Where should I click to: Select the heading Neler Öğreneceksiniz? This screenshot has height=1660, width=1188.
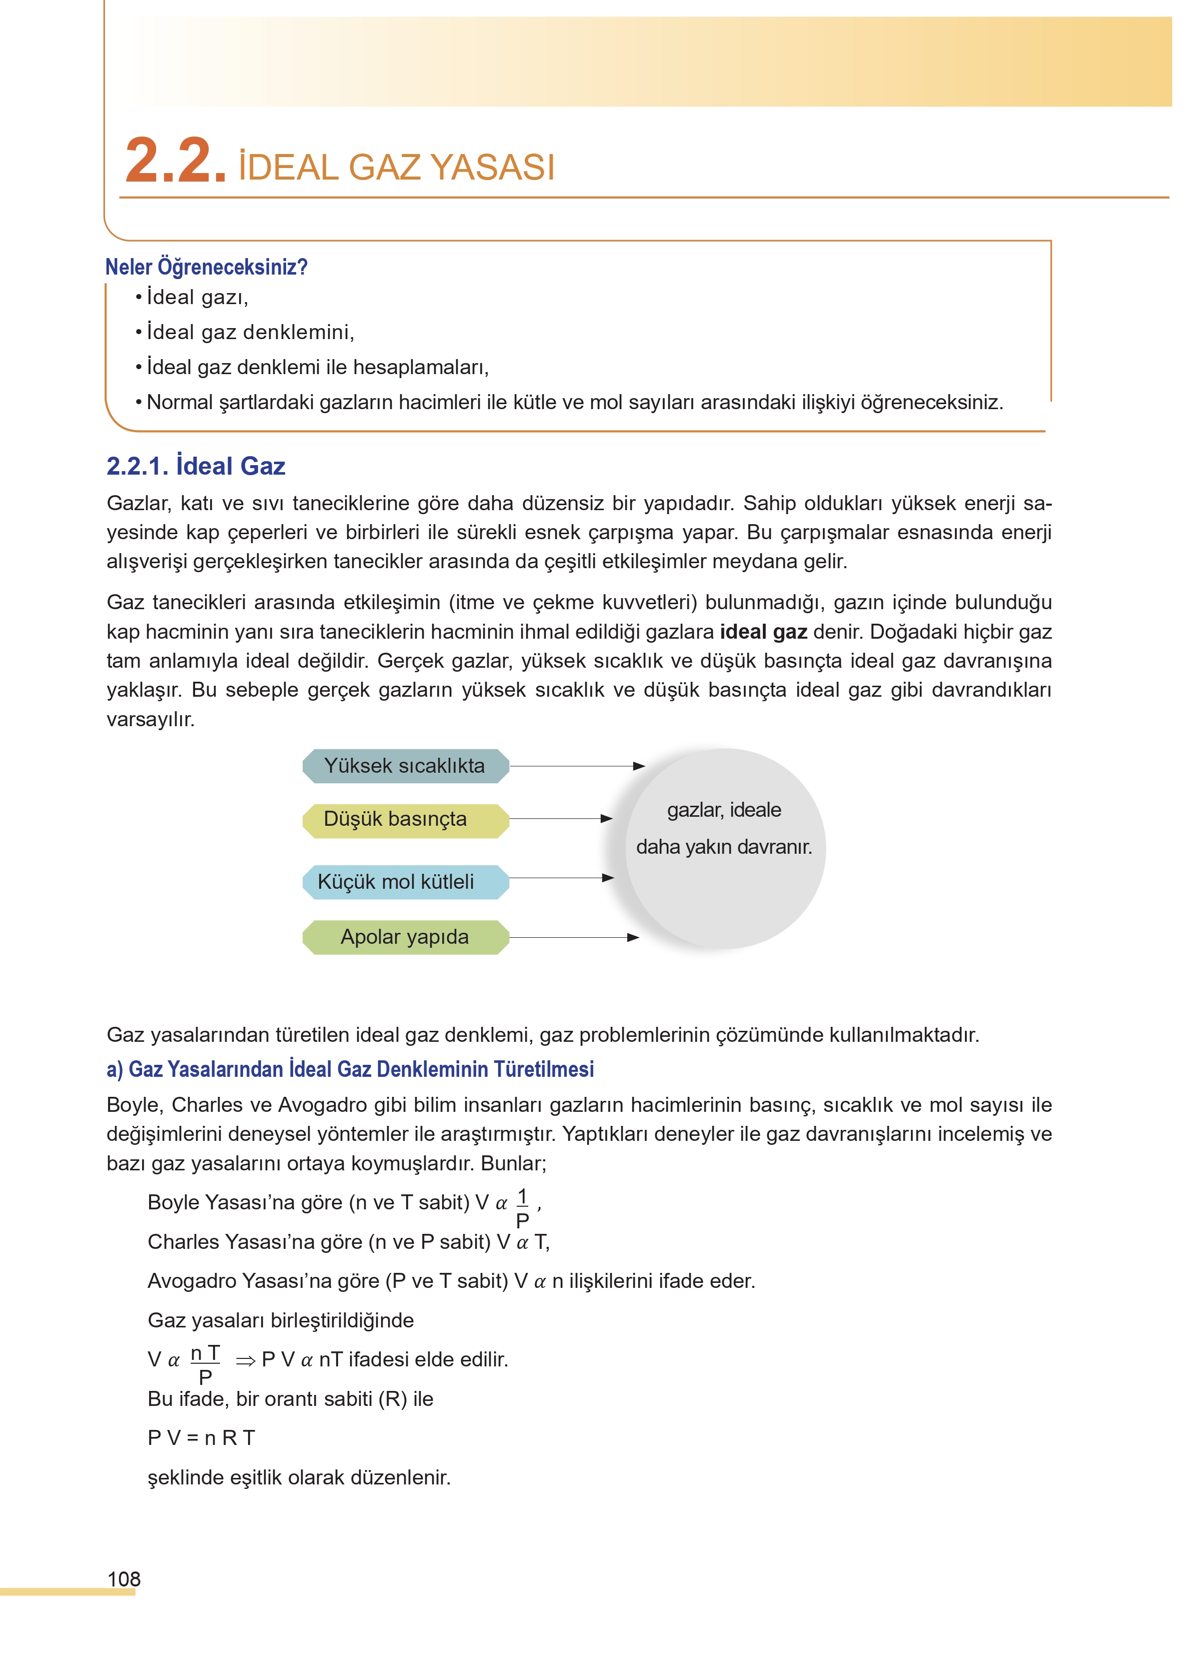pyautogui.click(x=206, y=267)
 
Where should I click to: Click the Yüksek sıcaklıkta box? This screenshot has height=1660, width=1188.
pyautogui.click(x=405, y=766)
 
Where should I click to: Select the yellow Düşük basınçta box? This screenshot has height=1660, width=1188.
pyautogui.click(x=405, y=819)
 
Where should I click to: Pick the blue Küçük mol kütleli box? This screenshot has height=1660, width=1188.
pyautogui.click(x=405, y=881)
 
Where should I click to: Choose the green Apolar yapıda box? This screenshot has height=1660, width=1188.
pyautogui.click(x=405, y=937)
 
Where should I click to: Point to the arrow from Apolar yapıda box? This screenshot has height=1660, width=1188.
pyautogui.click(x=574, y=937)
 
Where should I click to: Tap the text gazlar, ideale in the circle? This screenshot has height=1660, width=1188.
pyautogui.click(x=723, y=810)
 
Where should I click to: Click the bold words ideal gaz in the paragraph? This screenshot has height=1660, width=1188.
pyautogui.click(x=763, y=632)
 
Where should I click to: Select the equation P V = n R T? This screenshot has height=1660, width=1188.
pyautogui.click(x=201, y=1438)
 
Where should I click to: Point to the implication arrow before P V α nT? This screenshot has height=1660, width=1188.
pyautogui.click(x=245, y=1361)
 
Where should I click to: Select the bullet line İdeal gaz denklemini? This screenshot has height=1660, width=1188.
pyautogui.click(x=250, y=332)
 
